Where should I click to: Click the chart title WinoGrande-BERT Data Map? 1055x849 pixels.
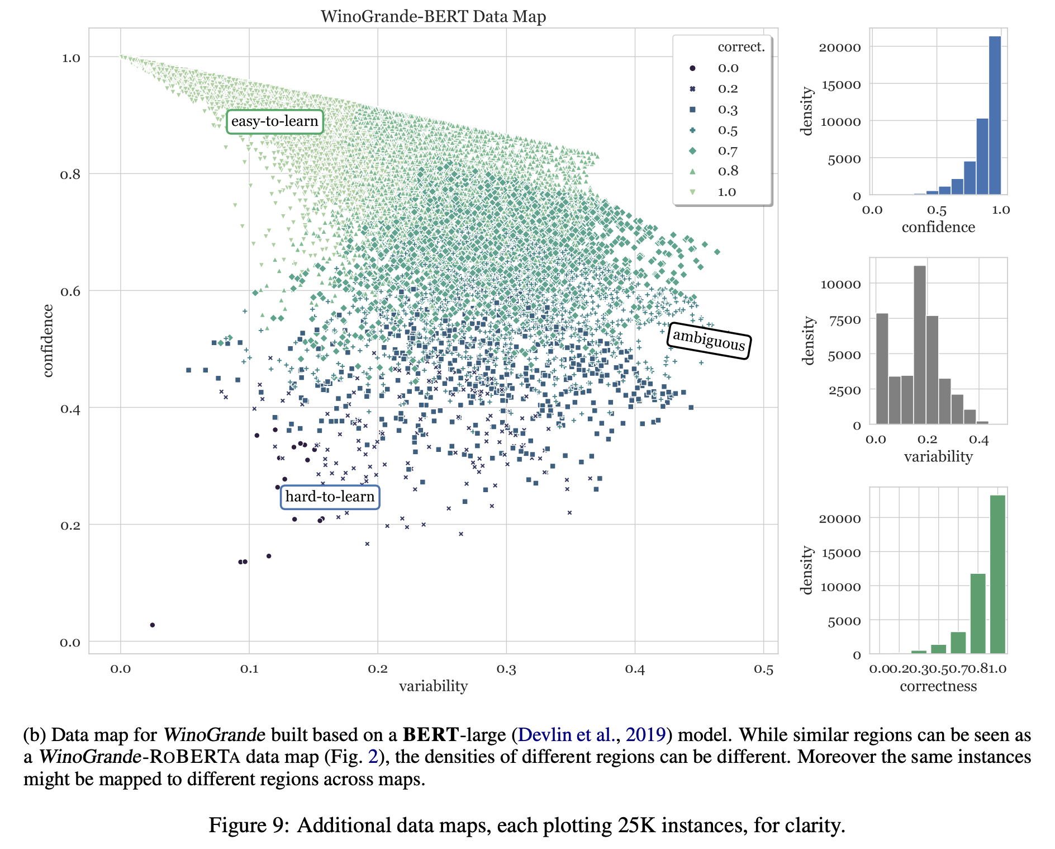(433, 16)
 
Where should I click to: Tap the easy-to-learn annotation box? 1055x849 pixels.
(274, 121)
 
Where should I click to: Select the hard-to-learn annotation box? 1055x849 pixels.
(330, 497)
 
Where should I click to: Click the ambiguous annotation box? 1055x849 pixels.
(709, 340)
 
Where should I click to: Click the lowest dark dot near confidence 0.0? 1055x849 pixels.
(153, 625)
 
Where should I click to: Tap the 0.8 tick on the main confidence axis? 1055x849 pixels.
(70, 174)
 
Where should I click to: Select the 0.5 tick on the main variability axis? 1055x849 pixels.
(763, 669)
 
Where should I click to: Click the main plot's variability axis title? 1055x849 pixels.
(433, 686)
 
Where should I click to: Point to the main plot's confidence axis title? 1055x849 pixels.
(48, 341)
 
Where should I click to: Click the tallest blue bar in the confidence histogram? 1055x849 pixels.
(995, 115)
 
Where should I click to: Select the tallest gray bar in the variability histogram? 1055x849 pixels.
(920, 345)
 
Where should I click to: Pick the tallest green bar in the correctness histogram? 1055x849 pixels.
(997, 573)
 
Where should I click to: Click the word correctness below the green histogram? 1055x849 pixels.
(938, 686)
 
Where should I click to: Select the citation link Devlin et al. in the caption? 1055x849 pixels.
(565, 734)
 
